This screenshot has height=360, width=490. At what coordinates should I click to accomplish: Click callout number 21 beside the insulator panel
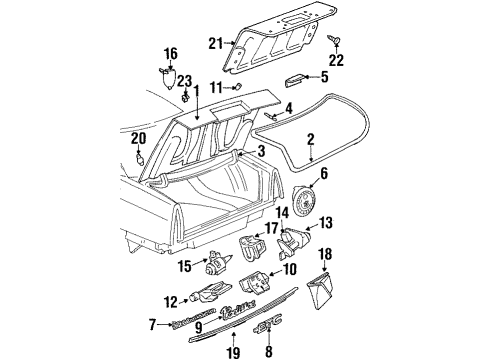(214, 43)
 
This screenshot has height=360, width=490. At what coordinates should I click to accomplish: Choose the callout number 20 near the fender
(138, 140)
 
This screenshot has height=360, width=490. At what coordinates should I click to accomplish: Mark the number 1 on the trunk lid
(197, 91)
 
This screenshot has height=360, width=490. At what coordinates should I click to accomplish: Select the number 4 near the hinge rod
(288, 108)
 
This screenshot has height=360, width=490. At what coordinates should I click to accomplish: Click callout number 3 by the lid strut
(262, 151)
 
